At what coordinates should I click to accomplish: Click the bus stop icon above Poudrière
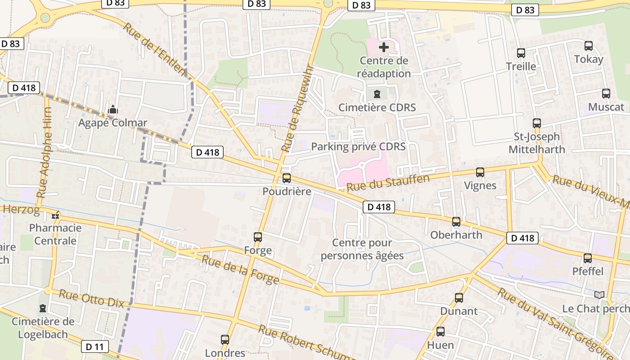(287, 178)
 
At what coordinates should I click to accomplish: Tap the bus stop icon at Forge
(258, 237)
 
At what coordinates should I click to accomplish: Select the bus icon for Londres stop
(225, 340)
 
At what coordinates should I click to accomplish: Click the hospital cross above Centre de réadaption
(384, 47)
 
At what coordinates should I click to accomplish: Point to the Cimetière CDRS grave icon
(377, 94)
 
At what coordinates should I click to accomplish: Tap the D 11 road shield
(94, 346)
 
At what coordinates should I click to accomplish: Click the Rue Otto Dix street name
(91, 298)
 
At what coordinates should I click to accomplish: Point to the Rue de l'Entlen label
(154, 49)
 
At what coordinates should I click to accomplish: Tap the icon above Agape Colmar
(112, 109)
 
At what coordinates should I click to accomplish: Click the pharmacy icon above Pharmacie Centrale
(55, 216)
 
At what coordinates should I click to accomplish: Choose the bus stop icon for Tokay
(589, 46)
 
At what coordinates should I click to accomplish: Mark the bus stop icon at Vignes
(480, 172)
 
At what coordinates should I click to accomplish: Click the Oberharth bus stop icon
(456, 222)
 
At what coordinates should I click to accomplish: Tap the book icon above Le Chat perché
(599, 295)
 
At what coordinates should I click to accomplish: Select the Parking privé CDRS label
(358, 147)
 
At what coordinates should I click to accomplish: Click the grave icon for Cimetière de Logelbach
(43, 308)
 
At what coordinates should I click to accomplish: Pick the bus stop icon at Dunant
(459, 298)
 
